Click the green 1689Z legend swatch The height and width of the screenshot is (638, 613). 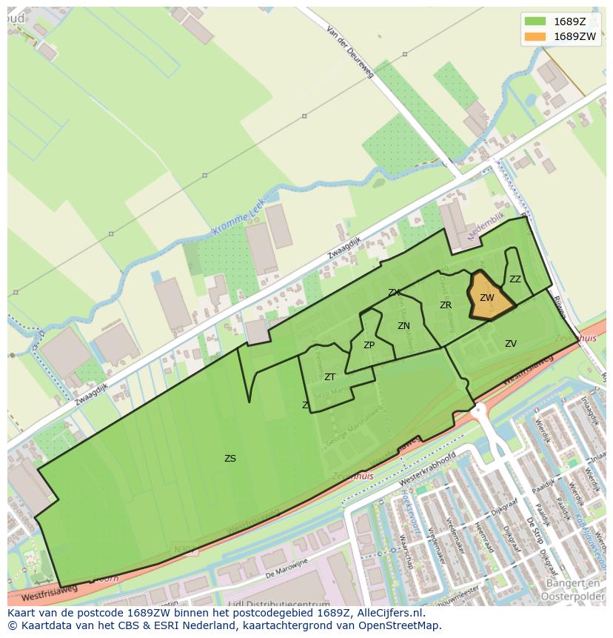point(535,21)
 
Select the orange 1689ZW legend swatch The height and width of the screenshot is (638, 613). point(535,36)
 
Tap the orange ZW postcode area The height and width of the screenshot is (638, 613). point(489,299)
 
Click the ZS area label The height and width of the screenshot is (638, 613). point(230,459)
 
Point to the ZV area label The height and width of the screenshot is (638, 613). point(511,344)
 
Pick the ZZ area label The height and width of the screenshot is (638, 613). point(515,279)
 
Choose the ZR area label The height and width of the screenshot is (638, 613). point(446,305)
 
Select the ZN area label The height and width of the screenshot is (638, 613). point(403,326)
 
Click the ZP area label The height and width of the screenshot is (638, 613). point(369,345)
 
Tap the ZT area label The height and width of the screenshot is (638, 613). point(329,377)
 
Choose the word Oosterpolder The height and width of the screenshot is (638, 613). point(574,597)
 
